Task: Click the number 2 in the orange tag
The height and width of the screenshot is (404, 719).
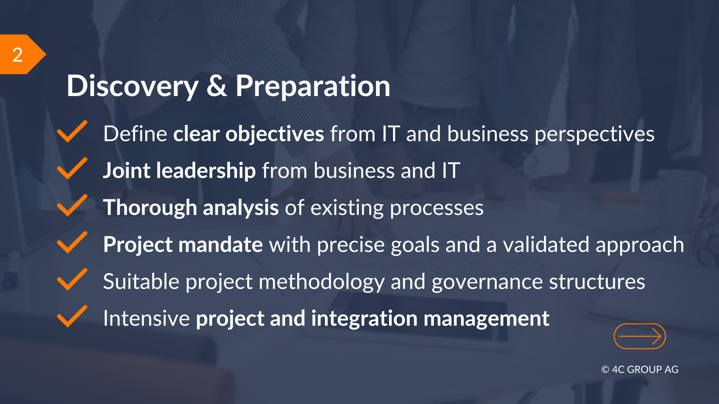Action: pos(18,55)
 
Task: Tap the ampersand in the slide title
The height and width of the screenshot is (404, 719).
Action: pos(217,86)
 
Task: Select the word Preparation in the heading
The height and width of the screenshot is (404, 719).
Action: pos(313,87)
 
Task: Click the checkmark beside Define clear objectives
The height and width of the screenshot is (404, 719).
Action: pos(72,131)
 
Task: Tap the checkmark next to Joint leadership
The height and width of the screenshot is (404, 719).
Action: pos(72,168)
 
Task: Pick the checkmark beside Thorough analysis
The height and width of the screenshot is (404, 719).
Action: pos(72,205)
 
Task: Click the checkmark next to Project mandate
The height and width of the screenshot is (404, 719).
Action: pos(72,242)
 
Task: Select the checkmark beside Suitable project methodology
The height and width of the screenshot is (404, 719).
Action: pos(72,279)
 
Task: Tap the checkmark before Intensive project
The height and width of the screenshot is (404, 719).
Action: pos(72,316)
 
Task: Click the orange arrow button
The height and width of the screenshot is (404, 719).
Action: pos(640,336)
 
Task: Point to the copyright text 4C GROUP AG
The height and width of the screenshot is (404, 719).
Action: pos(640,370)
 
